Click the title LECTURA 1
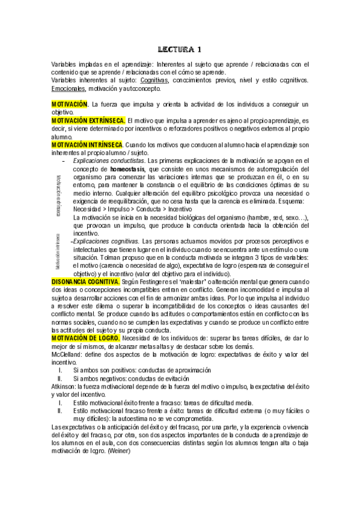pos(180,49)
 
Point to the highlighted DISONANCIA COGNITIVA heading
pos(85,281)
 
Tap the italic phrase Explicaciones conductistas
pos(108,161)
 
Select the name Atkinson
pos(66,387)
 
